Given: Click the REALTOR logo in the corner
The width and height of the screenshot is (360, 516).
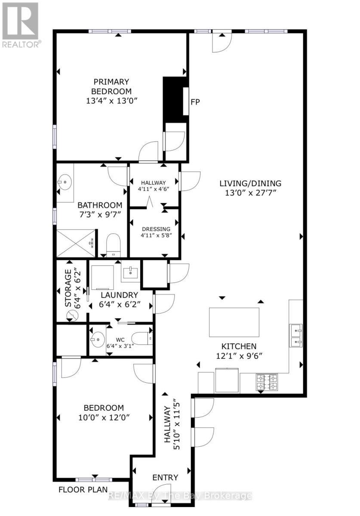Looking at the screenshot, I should click(20, 24).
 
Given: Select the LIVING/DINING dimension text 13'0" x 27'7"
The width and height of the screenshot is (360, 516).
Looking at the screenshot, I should click(250, 192).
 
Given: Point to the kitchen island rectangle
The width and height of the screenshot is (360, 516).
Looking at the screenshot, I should click(234, 322).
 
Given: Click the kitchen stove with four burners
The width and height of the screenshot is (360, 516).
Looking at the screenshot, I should click(267, 382).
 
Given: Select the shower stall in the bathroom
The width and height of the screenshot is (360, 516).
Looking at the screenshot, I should click(76, 243).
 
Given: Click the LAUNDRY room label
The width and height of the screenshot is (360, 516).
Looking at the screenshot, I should click(119, 295).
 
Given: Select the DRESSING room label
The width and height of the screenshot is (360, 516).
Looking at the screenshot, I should click(154, 229).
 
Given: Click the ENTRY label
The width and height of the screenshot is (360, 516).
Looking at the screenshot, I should click(165, 477).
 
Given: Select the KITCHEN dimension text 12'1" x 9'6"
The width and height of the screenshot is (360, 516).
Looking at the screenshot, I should click(239, 356).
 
